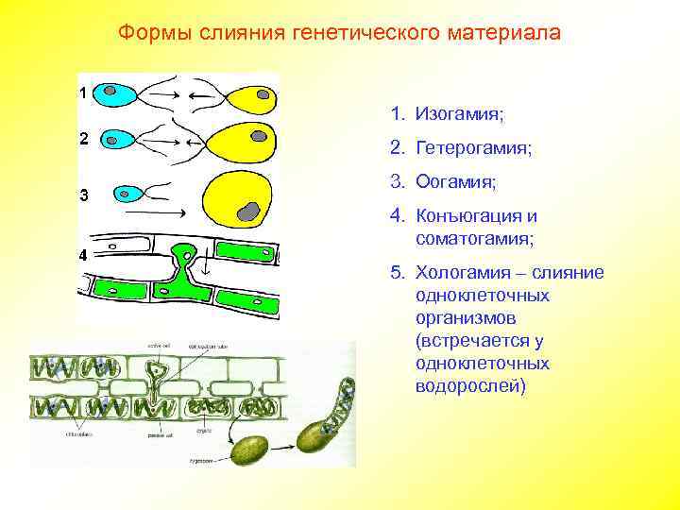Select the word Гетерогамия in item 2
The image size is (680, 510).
pos(473,148)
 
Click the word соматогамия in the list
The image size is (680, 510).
pos(474,239)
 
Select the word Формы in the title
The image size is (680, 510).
pos(155,33)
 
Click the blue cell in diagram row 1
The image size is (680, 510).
pos(118,94)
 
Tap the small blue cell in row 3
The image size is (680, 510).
pos(127,195)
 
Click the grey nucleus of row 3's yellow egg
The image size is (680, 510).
pos(248,211)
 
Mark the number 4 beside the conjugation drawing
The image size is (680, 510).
pos(83,255)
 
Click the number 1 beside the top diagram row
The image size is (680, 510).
pos(83,93)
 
